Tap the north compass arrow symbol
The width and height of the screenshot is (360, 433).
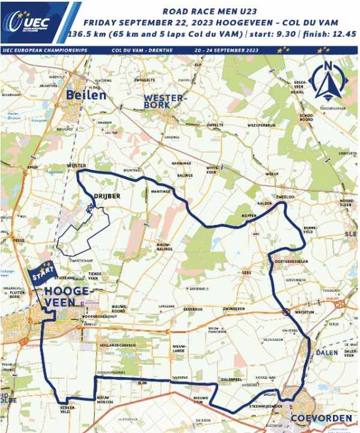[327, 81]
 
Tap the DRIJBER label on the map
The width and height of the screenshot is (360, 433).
[104, 195]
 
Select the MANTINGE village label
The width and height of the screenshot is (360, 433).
[161, 191]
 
